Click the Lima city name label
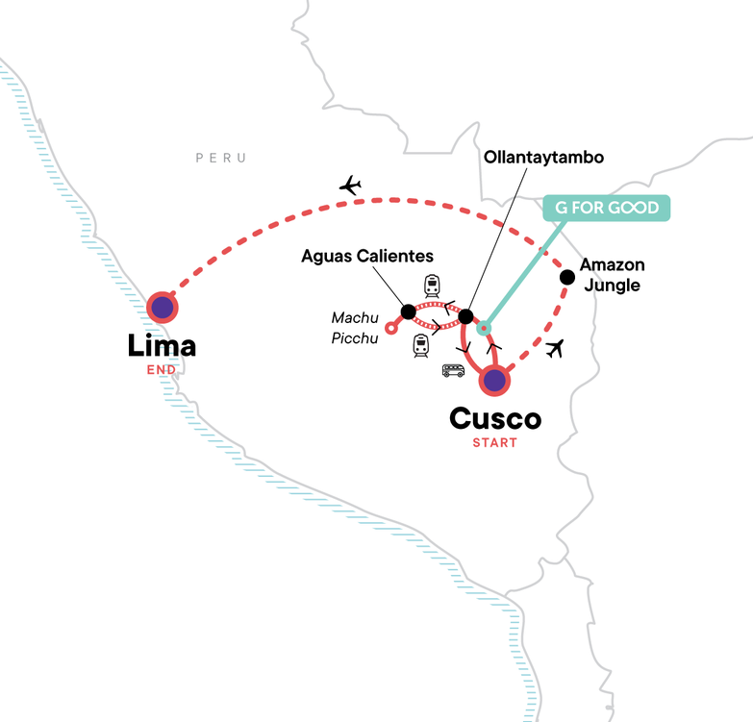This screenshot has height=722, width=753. click(x=162, y=346)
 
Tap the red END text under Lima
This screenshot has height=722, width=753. click(x=162, y=369)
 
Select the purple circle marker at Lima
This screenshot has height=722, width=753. click(x=163, y=308)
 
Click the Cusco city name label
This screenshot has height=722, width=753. click(x=495, y=418)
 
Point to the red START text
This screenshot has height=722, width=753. click(x=494, y=442)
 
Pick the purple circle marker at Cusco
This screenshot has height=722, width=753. click(x=494, y=381)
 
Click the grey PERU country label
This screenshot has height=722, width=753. click(x=221, y=158)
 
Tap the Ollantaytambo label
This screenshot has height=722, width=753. click(x=543, y=158)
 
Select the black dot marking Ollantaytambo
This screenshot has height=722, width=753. click(x=465, y=316)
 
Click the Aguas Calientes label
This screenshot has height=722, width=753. click(x=367, y=256)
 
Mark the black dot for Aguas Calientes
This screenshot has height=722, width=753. click(x=408, y=311)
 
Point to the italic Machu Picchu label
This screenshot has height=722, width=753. click(x=355, y=328)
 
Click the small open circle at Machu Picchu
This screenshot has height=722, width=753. click(x=391, y=329)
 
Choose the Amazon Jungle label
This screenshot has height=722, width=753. click(x=613, y=275)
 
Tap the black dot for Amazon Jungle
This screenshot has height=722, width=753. click(x=567, y=277)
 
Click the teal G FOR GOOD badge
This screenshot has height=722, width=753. click(x=607, y=208)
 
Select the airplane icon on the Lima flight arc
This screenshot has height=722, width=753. click(x=351, y=186)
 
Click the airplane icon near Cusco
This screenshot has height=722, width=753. click(x=555, y=349)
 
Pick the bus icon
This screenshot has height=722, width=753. click(x=453, y=370)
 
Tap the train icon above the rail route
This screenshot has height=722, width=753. click(x=432, y=286)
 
